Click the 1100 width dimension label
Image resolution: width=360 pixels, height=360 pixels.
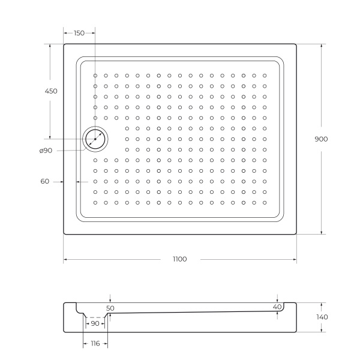pyautogui.click(x=179, y=259)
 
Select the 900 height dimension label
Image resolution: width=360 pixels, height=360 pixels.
pyautogui.click(x=321, y=139)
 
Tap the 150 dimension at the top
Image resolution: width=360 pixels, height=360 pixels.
pyautogui.click(x=79, y=34)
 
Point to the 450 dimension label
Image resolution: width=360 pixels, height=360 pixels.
pyautogui.click(x=51, y=91)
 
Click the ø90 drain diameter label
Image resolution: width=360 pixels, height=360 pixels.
pyautogui.click(x=46, y=150)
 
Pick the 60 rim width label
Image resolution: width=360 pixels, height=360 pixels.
pyautogui.click(x=45, y=181)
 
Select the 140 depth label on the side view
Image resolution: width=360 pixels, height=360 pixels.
pyautogui.click(x=322, y=317)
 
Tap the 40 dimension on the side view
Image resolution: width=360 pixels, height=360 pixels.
pyautogui.click(x=277, y=307)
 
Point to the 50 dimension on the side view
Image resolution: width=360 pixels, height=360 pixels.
pyautogui.click(x=110, y=308)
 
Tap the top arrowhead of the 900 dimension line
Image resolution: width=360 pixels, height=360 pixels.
pyautogui.click(x=322, y=46)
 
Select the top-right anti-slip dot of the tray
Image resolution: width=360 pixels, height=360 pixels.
pyautogui.click(x=264, y=76)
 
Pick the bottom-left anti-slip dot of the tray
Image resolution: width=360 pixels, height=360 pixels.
pyautogui.click(x=95, y=202)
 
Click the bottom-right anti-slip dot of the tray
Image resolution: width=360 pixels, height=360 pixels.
pyautogui.click(x=264, y=202)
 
